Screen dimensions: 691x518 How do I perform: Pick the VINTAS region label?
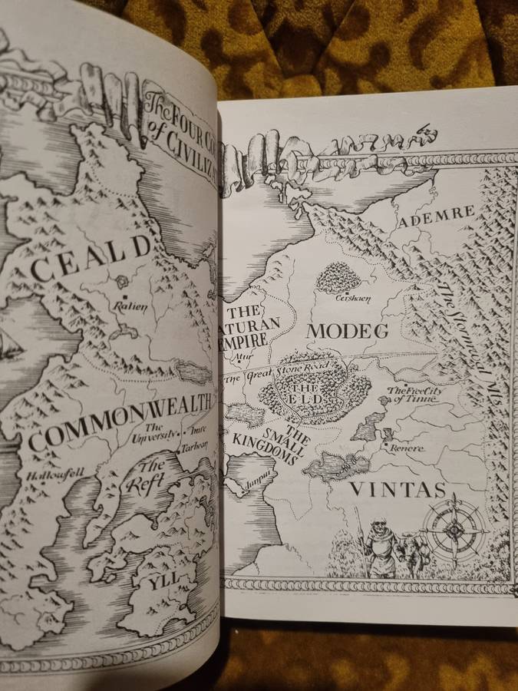coord(397,489)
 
